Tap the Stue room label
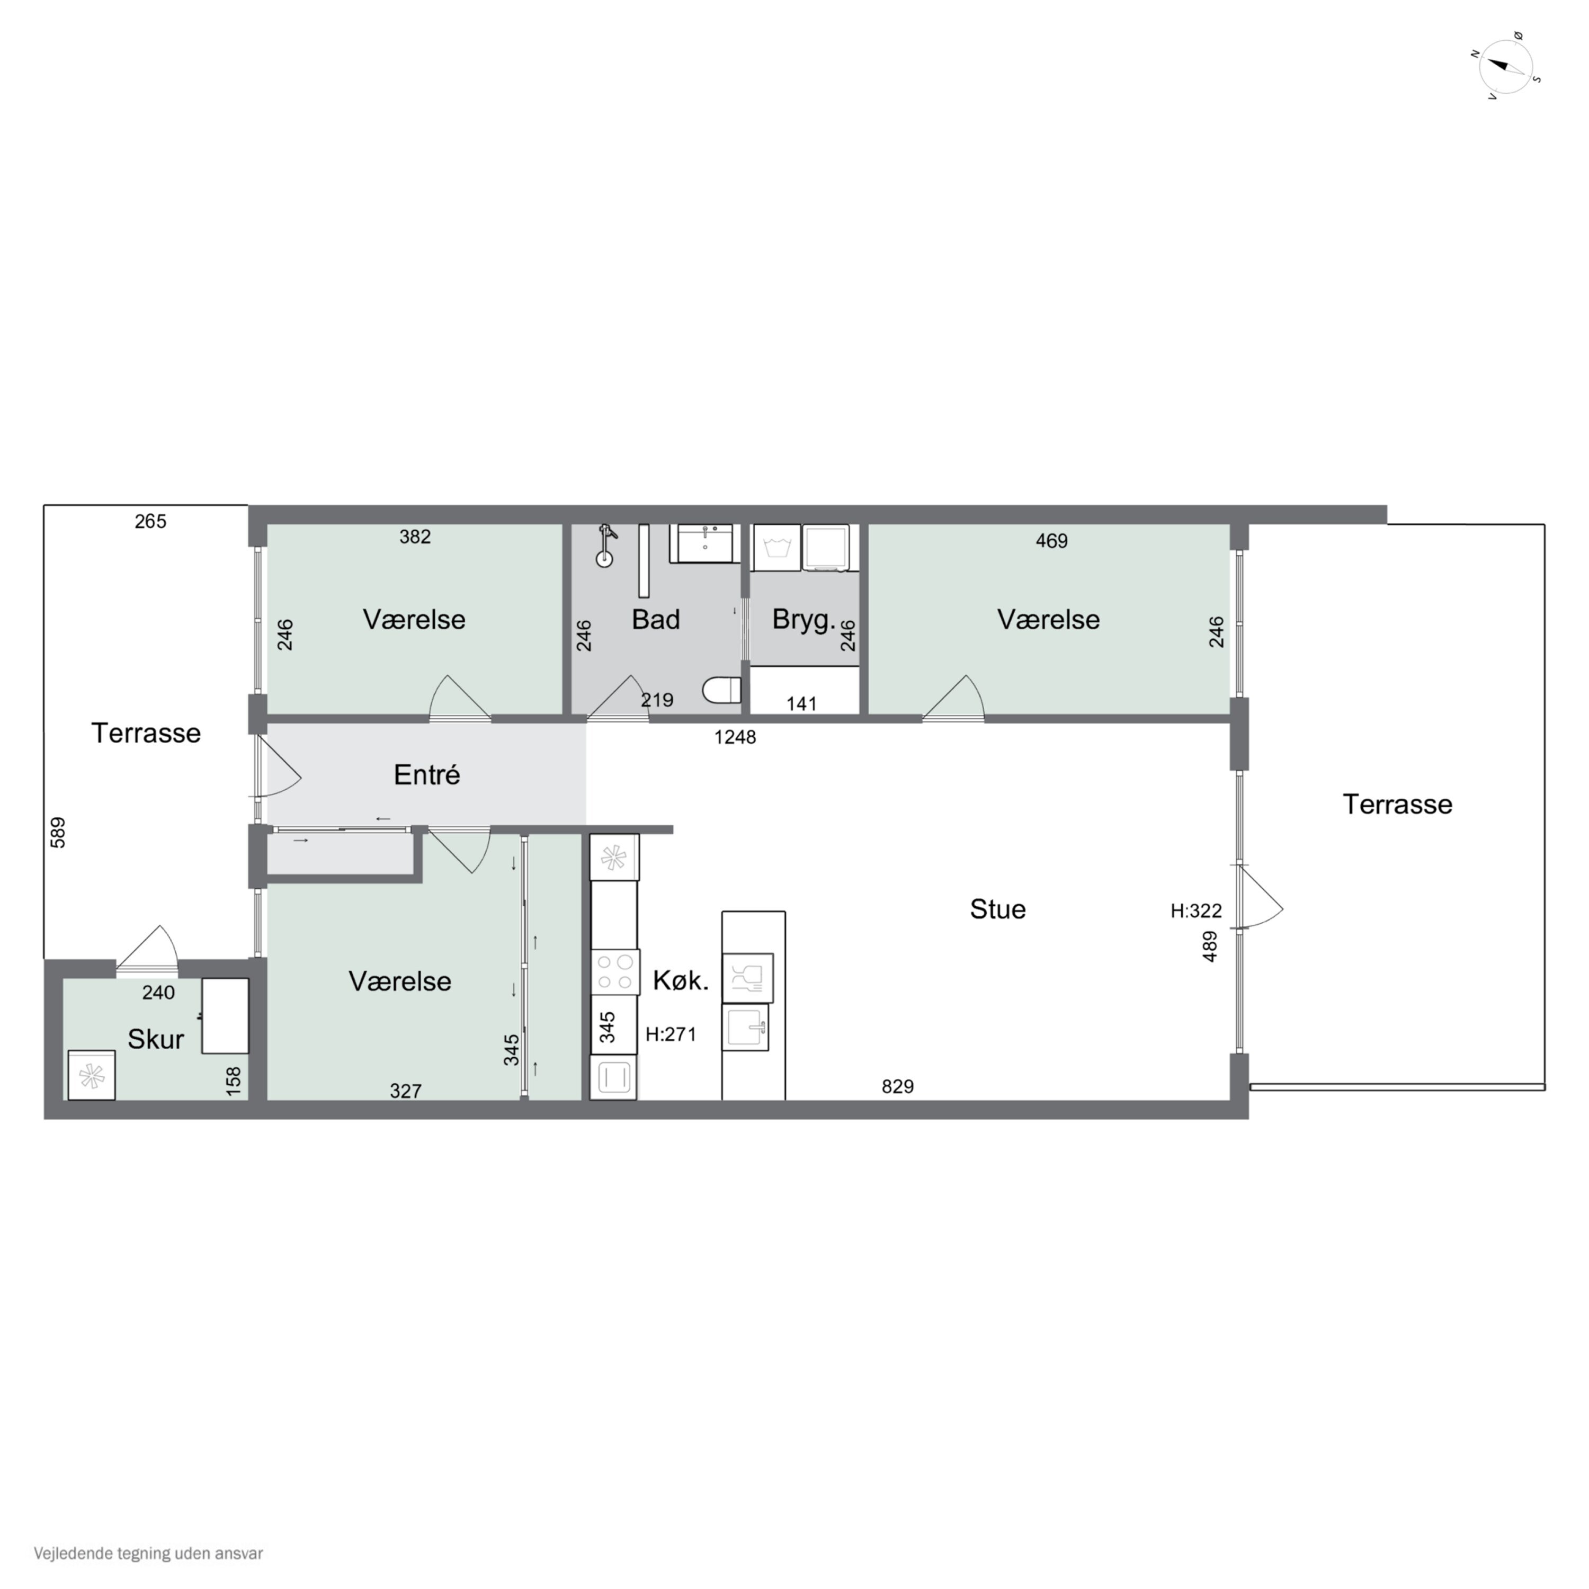[x=998, y=909]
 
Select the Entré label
[x=427, y=775]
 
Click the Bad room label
[x=656, y=619]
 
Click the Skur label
[x=155, y=1040]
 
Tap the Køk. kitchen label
[x=680, y=980]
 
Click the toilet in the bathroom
[x=722, y=690]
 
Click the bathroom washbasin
[x=705, y=543]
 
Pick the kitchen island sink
[x=745, y=1026]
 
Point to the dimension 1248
[x=735, y=738]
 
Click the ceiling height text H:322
[x=1196, y=911]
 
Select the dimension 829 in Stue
[x=897, y=1086]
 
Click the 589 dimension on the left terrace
[x=58, y=832]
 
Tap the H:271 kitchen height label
[x=671, y=1034]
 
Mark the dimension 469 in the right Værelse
[x=1051, y=541]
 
